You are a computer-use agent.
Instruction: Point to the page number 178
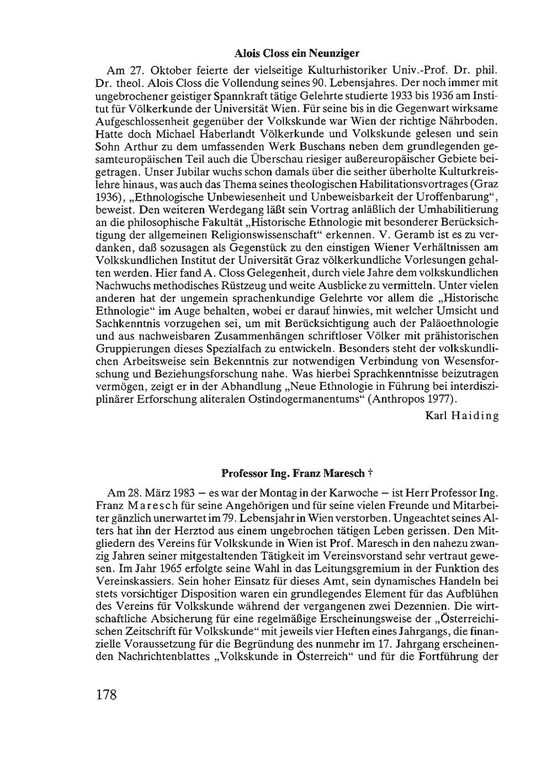(x=107, y=694)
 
